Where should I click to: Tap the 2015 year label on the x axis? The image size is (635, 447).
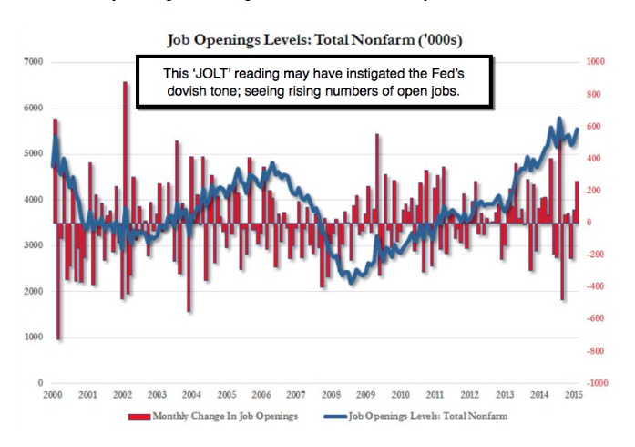click(x=572, y=394)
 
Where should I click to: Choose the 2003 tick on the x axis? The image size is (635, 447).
click(x=156, y=394)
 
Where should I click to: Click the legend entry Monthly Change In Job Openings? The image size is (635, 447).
click(x=218, y=415)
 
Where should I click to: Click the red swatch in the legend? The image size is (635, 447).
click(x=137, y=415)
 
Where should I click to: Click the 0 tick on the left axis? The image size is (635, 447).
click(x=40, y=383)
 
